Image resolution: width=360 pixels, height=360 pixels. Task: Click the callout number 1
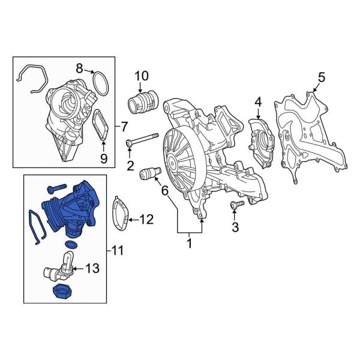[190, 244]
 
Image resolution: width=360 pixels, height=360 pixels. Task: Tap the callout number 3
[235, 227]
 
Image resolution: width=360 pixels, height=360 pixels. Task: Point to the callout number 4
[258, 103]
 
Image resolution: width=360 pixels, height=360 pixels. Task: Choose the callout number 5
[321, 77]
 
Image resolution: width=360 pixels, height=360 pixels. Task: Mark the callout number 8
[79, 68]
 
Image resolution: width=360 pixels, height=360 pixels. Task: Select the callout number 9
[103, 158]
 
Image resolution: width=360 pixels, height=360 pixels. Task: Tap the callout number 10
[141, 76]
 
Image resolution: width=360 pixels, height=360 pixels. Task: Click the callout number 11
[118, 249]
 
